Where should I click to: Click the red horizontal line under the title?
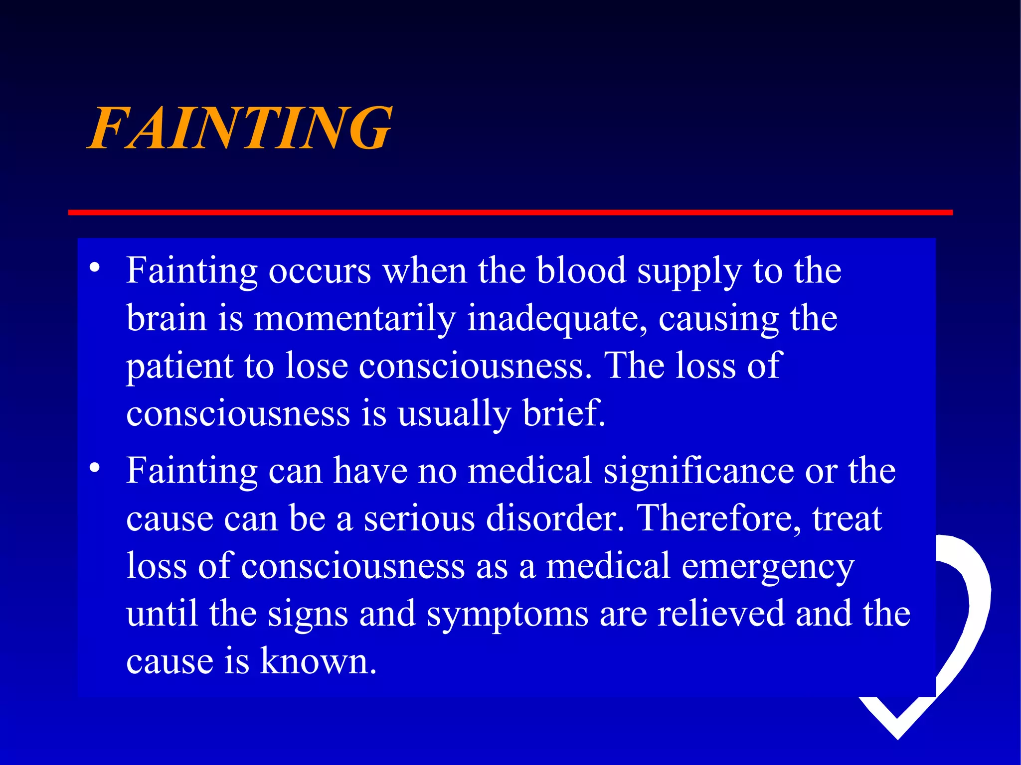point(510,213)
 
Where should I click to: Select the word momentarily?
point(354,318)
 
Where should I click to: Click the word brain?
point(167,318)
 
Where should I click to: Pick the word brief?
point(564,413)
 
